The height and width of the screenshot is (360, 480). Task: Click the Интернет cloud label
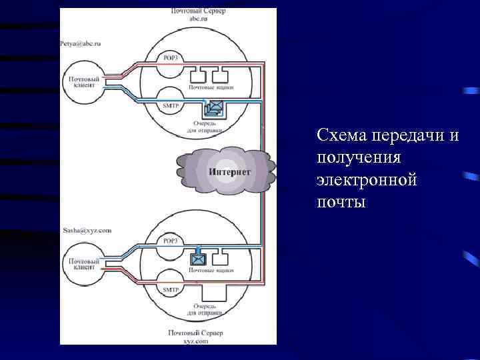tap(229, 172)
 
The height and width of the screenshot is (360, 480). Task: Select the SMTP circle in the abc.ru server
tap(170, 104)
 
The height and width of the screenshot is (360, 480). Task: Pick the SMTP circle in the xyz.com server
tap(170, 288)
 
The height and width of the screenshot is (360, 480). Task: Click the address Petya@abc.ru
tap(80, 43)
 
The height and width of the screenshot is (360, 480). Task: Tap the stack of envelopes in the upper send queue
tap(215, 107)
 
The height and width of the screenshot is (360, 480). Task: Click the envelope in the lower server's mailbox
tap(199, 259)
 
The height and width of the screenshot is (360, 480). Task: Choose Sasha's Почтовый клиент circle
tap(83, 265)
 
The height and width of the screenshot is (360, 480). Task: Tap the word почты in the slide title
tap(341, 201)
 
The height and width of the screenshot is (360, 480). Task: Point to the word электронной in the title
tap(367, 179)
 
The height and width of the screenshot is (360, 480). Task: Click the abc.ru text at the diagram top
tap(199, 19)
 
